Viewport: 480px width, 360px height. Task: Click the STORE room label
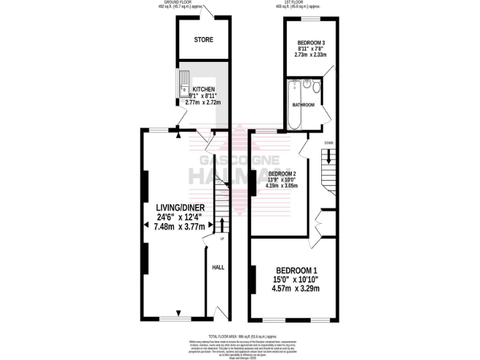[203, 39]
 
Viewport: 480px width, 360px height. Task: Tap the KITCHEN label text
[204, 89]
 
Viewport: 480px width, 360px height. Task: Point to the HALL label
[218, 267]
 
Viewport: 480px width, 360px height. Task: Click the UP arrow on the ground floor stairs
[222, 223]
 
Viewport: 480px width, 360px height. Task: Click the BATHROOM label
[303, 105]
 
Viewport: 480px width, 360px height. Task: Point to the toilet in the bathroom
[316, 87]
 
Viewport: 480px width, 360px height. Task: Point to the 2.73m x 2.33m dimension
[311, 55]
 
